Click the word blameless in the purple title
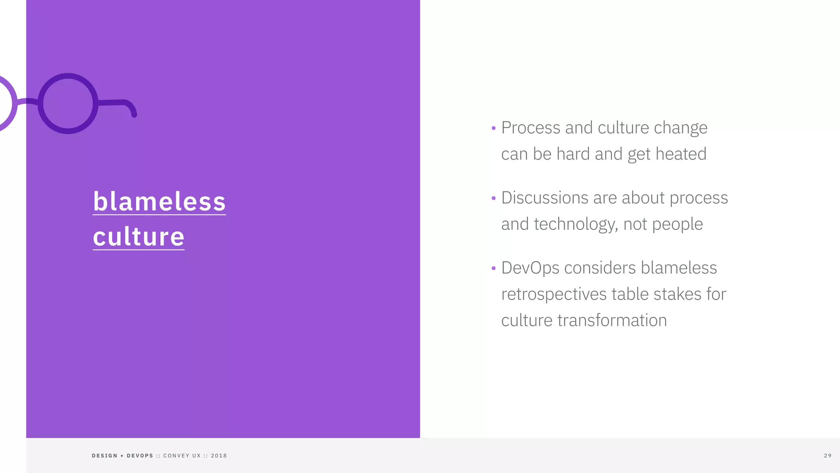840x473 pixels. click(159, 201)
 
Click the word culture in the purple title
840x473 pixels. click(139, 236)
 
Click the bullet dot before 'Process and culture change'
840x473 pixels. click(493, 129)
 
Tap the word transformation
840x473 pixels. click(612, 321)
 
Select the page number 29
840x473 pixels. click(828, 456)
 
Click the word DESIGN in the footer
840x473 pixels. click(105, 456)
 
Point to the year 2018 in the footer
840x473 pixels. click(219, 456)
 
